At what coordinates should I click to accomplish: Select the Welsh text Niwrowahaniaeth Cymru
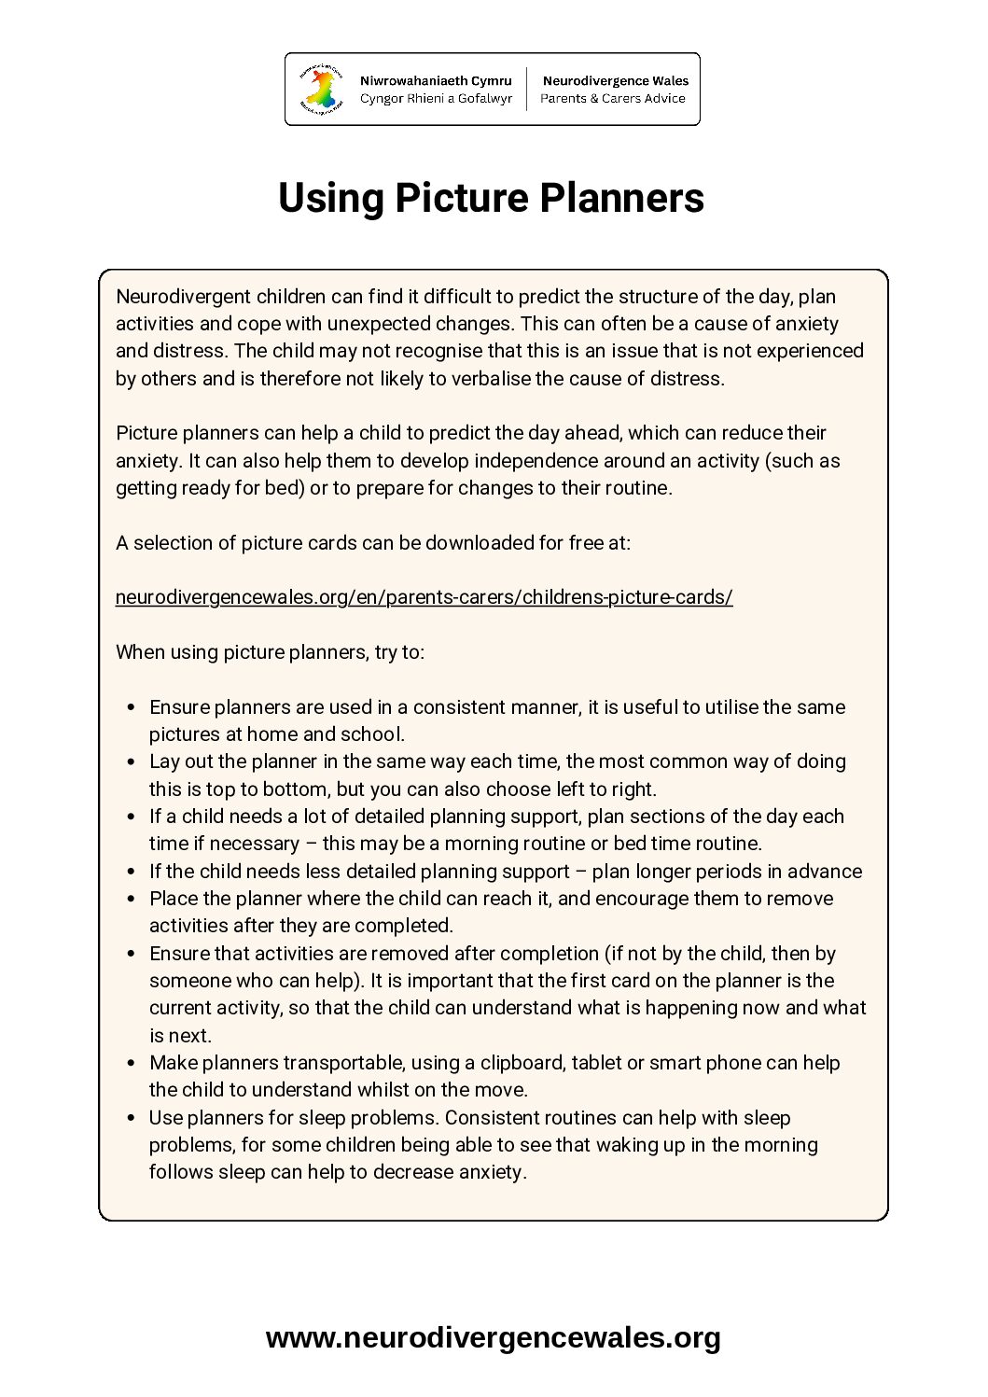[x=436, y=81]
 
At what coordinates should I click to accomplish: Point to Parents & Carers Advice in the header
[x=613, y=99]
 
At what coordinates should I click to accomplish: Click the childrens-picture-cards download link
[x=424, y=597]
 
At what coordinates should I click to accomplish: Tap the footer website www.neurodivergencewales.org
[x=493, y=1337]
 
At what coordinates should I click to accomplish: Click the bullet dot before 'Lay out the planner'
[x=131, y=762]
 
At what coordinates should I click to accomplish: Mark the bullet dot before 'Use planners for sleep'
[x=131, y=1118]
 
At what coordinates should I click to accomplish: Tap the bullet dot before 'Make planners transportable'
[x=131, y=1063]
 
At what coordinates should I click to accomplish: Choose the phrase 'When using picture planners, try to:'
[x=270, y=652]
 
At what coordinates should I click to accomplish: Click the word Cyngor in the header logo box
[x=382, y=99]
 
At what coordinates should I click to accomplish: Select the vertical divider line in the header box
[x=527, y=90]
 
